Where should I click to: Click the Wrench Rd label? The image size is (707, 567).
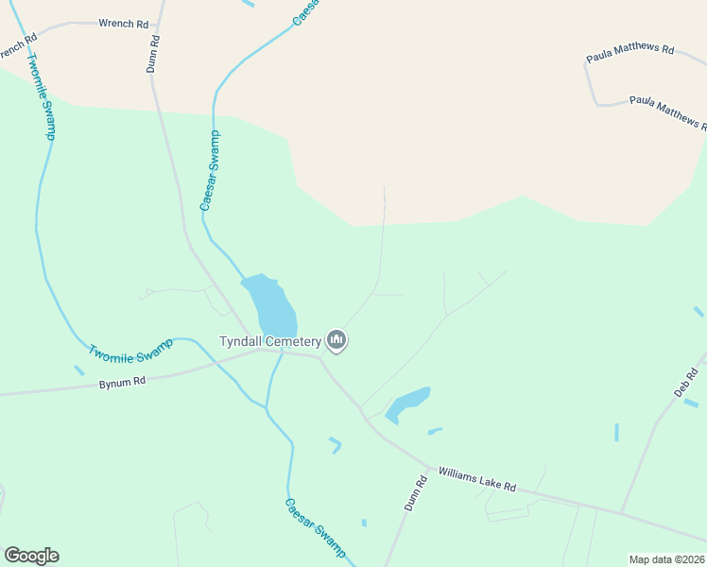point(123,24)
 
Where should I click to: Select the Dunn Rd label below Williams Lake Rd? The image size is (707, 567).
point(417,492)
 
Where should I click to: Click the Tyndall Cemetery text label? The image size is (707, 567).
point(270,341)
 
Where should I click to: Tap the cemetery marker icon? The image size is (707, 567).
point(336,340)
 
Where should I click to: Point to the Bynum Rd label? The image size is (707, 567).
point(122,383)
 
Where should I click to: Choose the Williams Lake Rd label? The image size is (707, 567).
point(477,479)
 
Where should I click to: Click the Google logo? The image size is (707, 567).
point(31,556)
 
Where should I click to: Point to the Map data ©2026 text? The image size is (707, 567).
point(666,559)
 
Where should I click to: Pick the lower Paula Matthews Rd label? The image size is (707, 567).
point(667,111)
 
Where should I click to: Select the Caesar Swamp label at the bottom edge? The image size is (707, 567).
point(316,527)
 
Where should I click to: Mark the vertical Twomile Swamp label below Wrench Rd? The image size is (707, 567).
point(41,96)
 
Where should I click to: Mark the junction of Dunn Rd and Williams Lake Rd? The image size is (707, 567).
point(430,467)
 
